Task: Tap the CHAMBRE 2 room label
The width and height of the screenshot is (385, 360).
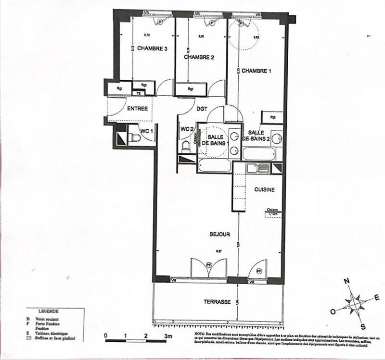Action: point(199,57)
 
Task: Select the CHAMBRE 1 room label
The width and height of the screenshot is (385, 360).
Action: point(257,71)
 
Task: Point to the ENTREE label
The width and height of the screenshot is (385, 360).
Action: point(137,109)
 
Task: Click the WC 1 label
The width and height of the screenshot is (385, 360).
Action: point(147,130)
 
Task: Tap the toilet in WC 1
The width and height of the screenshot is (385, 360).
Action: point(135,138)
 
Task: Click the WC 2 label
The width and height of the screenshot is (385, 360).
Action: point(187,129)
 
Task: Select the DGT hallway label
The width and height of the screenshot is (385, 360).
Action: point(202,109)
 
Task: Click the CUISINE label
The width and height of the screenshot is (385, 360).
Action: point(264,189)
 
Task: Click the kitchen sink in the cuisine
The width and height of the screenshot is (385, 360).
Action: point(254,168)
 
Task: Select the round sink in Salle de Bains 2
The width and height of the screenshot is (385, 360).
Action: point(276,139)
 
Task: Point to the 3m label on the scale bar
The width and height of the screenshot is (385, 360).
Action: point(167,335)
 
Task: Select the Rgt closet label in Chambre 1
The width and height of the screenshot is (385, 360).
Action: point(273,117)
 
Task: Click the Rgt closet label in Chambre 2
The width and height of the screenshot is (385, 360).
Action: point(191,88)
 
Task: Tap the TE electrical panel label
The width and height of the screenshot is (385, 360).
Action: point(139,93)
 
